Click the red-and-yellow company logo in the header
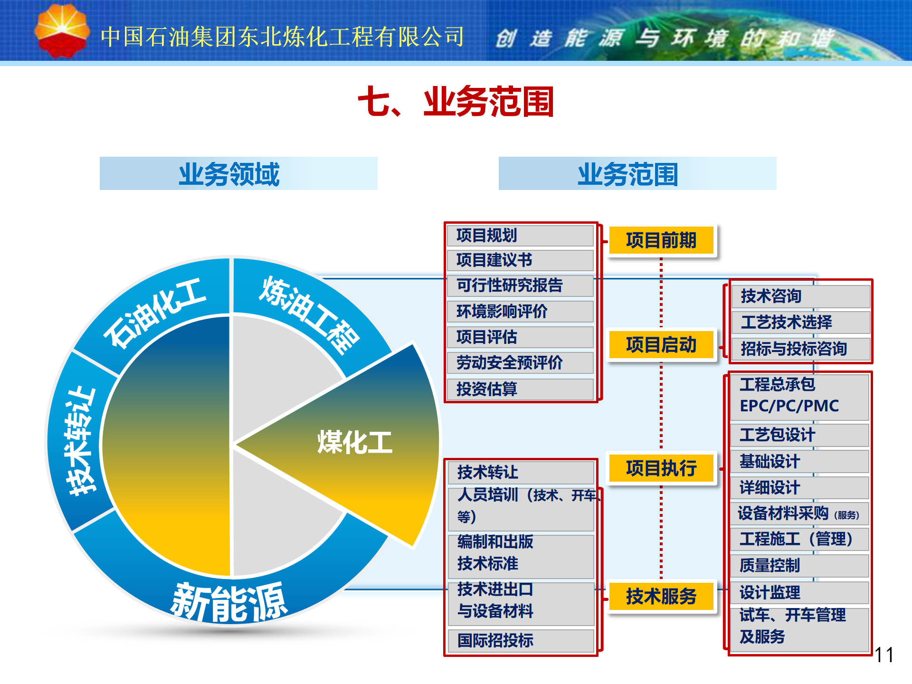pyautogui.click(x=62, y=31)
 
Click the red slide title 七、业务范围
pyautogui.click(x=456, y=101)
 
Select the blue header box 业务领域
pyautogui.click(x=238, y=173)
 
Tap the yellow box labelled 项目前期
pyautogui.click(x=661, y=240)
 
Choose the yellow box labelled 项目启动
pyautogui.click(x=661, y=344)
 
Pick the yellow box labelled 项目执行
pyautogui.click(x=661, y=468)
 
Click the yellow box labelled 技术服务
pyautogui.click(x=661, y=596)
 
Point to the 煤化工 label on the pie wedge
pyautogui.click(x=355, y=442)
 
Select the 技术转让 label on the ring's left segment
pyautogui.click(x=81, y=442)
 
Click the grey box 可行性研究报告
pyautogui.click(x=521, y=285)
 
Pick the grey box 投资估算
pyautogui.click(x=521, y=389)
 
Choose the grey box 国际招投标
pyautogui.click(x=521, y=640)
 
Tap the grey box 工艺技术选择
pyautogui.click(x=801, y=322)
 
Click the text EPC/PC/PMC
pyautogui.click(x=789, y=406)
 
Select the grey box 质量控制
pyautogui.click(x=800, y=565)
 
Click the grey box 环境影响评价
pyautogui.click(x=521, y=312)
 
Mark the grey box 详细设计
pyautogui.click(x=800, y=487)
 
